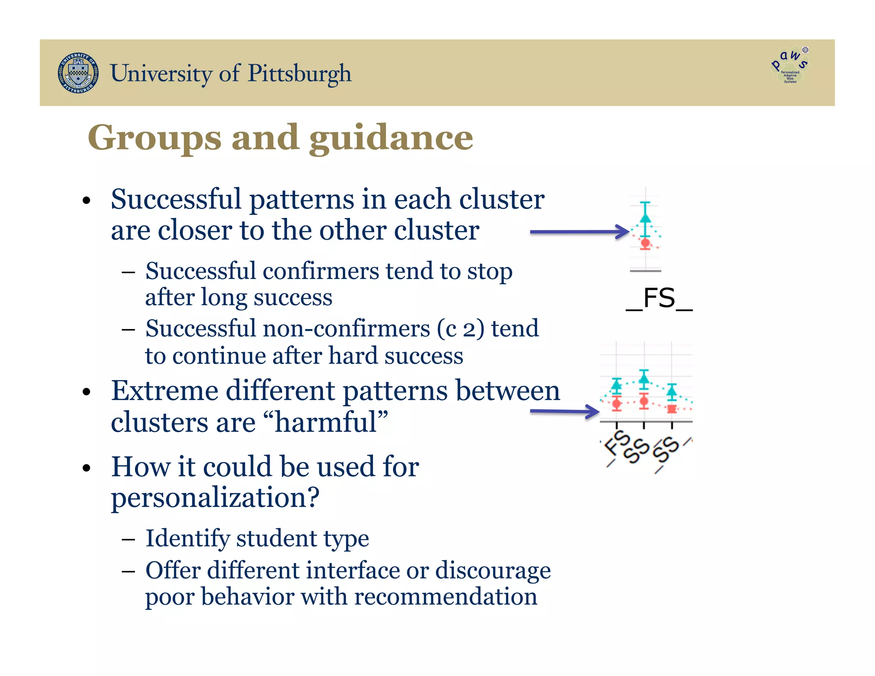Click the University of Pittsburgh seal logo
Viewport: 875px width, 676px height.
(x=78, y=73)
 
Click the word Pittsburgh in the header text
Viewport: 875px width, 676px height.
(x=299, y=73)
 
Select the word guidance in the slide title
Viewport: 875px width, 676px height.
(x=391, y=138)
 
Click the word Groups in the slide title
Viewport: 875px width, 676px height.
(x=154, y=138)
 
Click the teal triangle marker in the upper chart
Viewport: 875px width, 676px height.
(x=645, y=218)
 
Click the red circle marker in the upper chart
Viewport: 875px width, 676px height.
(x=645, y=243)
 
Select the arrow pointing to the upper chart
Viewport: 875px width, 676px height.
(x=579, y=232)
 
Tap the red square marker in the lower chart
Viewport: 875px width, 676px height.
(x=672, y=409)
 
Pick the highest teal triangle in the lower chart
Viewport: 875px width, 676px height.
(x=644, y=378)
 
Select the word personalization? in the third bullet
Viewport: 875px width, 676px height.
(x=215, y=497)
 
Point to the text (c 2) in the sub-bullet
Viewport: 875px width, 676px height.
(x=461, y=329)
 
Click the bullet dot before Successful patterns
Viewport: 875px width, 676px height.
(x=87, y=201)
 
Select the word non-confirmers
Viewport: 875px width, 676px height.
(x=346, y=329)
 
